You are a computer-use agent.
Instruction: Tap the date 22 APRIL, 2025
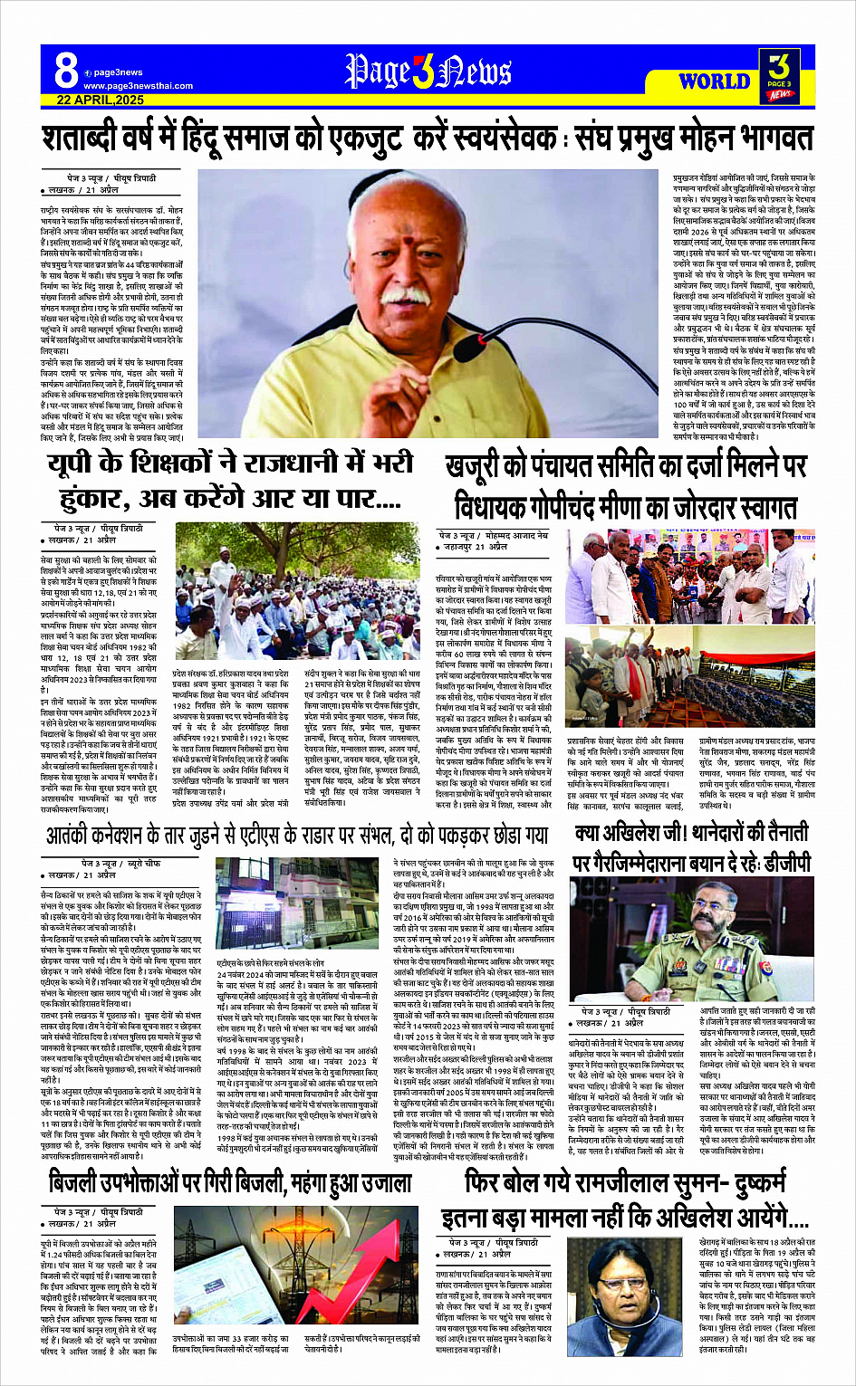click(100, 100)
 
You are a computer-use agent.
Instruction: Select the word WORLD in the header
click(714, 81)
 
